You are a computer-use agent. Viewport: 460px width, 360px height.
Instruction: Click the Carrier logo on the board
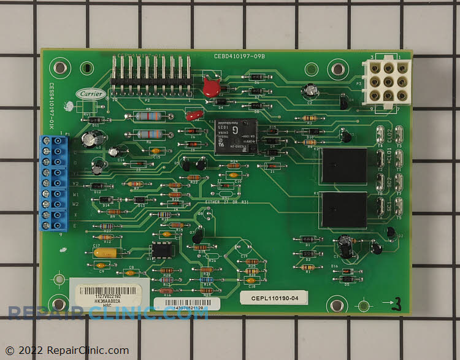click(86, 94)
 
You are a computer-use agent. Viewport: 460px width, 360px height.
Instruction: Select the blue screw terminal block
click(54, 183)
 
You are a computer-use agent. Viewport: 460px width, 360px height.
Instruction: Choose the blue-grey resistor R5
click(146, 116)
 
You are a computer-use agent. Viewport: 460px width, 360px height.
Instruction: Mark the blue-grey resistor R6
click(147, 134)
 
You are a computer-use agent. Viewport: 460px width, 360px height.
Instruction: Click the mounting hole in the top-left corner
click(59, 67)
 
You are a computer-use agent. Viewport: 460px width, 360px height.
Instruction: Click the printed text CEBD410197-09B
click(239, 55)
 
